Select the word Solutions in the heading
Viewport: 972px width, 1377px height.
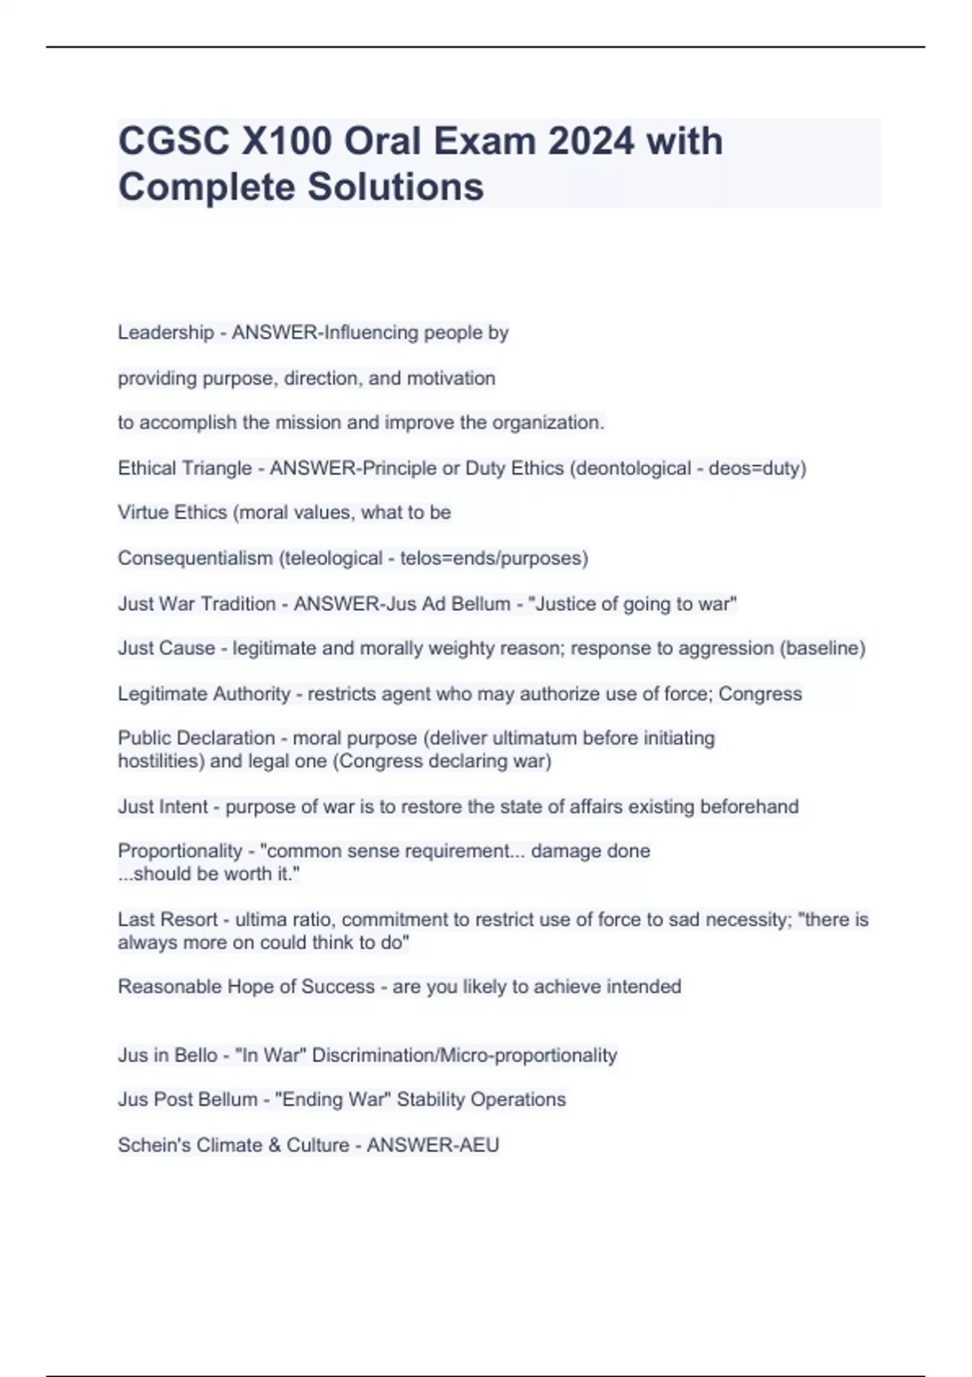click(395, 186)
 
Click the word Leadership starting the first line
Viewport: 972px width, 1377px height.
click(165, 332)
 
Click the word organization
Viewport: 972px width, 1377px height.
click(548, 423)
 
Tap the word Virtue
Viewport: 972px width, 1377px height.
click(143, 513)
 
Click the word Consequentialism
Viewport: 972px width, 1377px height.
click(194, 558)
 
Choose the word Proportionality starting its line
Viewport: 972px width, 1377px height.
click(179, 851)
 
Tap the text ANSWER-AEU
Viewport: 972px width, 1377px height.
click(433, 1145)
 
